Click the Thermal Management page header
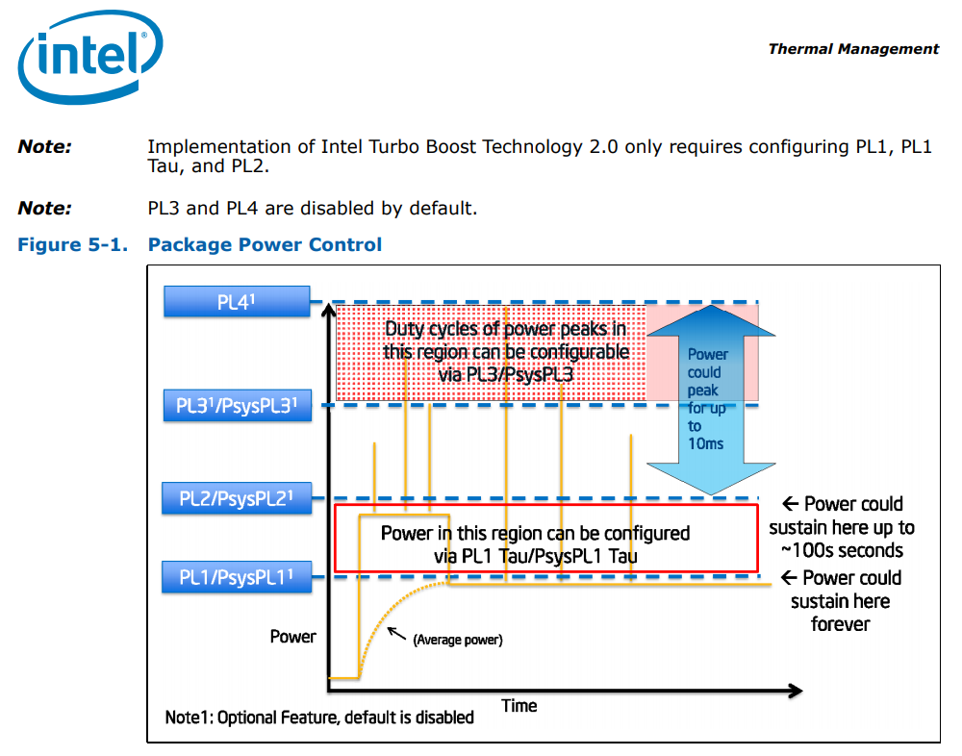(853, 48)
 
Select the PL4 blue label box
(237, 302)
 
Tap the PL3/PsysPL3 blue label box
(237, 406)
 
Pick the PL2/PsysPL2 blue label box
(237, 498)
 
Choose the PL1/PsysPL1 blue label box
(237, 578)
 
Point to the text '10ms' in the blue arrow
(707, 443)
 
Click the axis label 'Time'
(519, 706)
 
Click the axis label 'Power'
(292, 636)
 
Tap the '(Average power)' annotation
(458, 640)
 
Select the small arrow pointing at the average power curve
(394, 633)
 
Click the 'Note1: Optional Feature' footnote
(319, 718)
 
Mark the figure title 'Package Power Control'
(265, 244)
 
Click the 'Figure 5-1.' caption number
(73, 244)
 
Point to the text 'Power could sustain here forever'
(841, 601)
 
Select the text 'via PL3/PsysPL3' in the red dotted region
(506, 374)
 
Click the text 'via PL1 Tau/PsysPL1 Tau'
(536, 555)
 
